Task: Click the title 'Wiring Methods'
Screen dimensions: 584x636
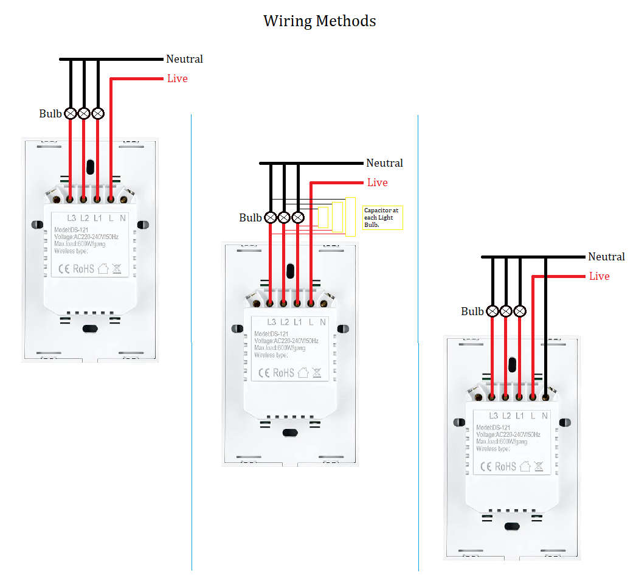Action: coord(319,21)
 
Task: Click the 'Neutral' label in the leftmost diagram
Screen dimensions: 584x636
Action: coord(184,59)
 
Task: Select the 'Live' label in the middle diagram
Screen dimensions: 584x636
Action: coord(377,182)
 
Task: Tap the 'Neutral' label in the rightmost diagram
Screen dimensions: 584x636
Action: coord(606,257)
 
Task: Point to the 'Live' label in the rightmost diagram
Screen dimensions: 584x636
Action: coord(599,276)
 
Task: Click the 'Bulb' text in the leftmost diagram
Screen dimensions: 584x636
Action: coord(50,114)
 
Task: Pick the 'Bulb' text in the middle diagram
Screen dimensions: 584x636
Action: coord(250,218)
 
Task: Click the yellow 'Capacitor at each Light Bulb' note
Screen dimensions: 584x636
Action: coord(382,217)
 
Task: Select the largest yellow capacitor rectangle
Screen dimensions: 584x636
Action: coord(350,217)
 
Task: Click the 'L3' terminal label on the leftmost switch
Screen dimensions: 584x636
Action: coord(72,217)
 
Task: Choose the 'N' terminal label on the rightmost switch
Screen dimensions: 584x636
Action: coord(545,416)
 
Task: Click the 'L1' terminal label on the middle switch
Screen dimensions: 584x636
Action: coord(298,322)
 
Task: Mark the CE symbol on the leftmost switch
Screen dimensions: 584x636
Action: coord(63,268)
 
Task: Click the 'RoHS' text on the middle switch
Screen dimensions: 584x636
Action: coord(283,372)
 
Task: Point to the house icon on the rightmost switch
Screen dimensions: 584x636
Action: coord(525,466)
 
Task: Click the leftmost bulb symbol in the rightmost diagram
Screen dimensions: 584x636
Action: coord(493,311)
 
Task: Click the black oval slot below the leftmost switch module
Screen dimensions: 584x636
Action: coord(90,329)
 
